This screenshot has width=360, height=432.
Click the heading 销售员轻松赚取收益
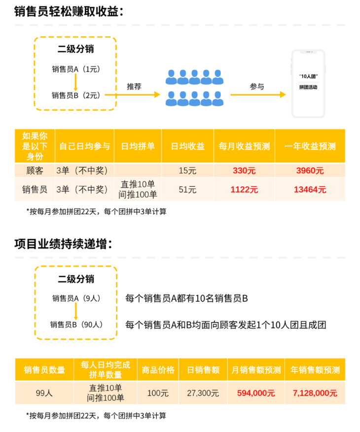(x=69, y=11)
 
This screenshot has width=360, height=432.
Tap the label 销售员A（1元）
(x=76, y=69)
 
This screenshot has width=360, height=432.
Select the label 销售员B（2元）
(x=76, y=95)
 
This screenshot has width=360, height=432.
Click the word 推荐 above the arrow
(x=134, y=86)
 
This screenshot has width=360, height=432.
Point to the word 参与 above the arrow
(x=257, y=86)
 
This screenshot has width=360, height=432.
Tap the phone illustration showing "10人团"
(x=308, y=84)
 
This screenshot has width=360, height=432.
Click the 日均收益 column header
(x=187, y=146)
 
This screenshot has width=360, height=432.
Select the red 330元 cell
(x=244, y=171)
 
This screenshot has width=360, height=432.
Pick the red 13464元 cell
(x=310, y=189)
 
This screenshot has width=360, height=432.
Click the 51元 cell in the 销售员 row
(x=187, y=189)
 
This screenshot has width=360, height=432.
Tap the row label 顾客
(x=35, y=171)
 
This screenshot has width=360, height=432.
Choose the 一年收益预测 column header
(x=310, y=146)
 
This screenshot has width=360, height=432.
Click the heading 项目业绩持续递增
(x=63, y=244)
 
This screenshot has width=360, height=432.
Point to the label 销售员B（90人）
(x=76, y=324)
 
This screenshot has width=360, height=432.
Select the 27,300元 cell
(x=203, y=393)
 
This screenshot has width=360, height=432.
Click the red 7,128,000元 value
(x=315, y=393)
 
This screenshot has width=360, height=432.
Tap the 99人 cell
(x=44, y=393)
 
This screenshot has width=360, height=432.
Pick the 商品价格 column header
(x=158, y=370)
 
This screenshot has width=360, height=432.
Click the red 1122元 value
(x=244, y=189)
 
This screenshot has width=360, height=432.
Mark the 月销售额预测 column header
(x=256, y=370)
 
